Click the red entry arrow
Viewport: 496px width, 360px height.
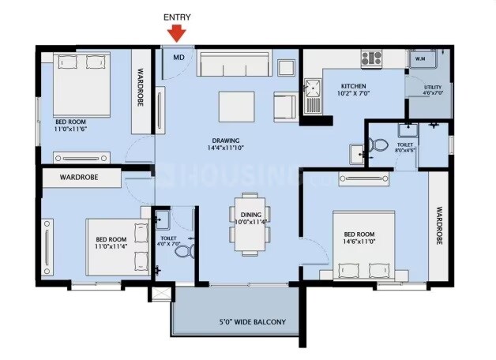coord(177,32)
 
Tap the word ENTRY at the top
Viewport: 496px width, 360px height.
coord(177,17)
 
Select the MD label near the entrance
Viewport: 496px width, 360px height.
coord(178,57)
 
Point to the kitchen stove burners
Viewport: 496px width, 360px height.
coord(371,58)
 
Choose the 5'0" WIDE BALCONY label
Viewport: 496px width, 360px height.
coord(253,321)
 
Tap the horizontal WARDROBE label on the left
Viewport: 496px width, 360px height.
coord(78,178)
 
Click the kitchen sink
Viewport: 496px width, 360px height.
coord(314,92)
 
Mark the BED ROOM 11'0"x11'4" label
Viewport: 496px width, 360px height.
coord(111,243)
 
